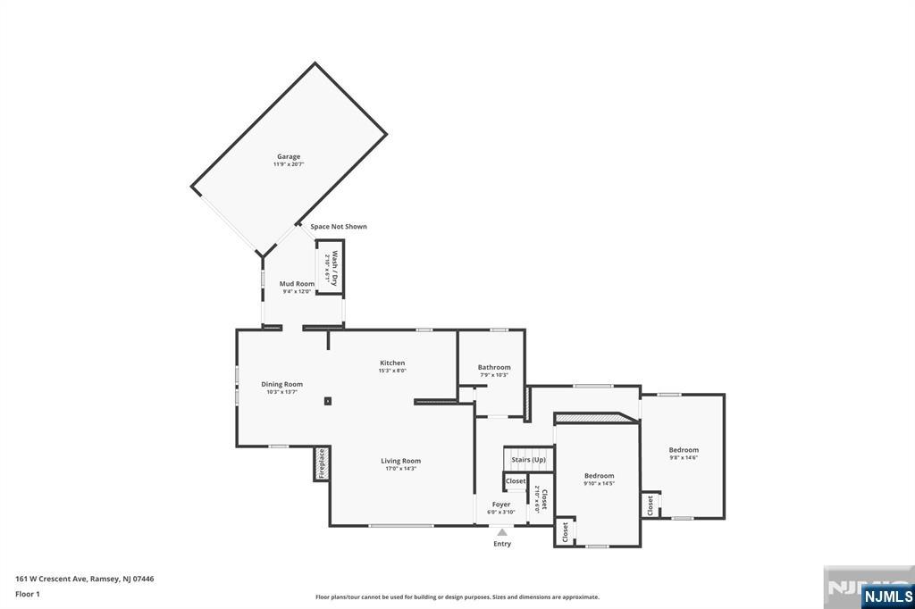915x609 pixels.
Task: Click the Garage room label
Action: pyautogui.click(x=288, y=157)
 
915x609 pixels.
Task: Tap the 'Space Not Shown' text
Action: pyautogui.click(x=339, y=227)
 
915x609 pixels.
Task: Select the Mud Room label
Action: pyautogui.click(x=297, y=284)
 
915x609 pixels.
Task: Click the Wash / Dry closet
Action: pyautogui.click(x=331, y=268)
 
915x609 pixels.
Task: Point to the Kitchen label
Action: pyautogui.click(x=392, y=363)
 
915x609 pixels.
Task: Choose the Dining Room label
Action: pyautogui.click(x=281, y=385)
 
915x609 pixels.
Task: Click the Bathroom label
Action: pyautogui.click(x=493, y=367)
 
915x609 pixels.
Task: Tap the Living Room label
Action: pyautogui.click(x=401, y=462)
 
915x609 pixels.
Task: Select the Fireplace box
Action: pyautogui.click(x=322, y=464)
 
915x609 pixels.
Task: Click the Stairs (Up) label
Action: pyautogui.click(x=528, y=460)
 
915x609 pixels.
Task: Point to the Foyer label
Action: pyautogui.click(x=501, y=505)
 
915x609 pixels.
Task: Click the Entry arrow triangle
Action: pyautogui.click(x=502, y=532)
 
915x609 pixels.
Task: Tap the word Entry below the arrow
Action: pyautogui.click(x=502, y=544)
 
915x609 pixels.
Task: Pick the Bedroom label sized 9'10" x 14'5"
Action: pyautogui.click(x=599, y=476)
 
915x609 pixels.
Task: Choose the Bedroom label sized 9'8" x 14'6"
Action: pyautogui.click(x=684, y=450)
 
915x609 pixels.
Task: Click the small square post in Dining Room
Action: pyautogui.click(x=328, y=402)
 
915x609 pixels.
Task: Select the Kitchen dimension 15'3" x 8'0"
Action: pyautogui.click(x=392, y=371)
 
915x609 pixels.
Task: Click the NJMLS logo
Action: pyautogui.click(x=887, y=596)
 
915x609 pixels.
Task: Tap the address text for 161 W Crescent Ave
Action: pyautogui.click(x=85, y=579)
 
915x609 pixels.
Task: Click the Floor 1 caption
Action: pyautogui.click(x=28, y=594)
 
